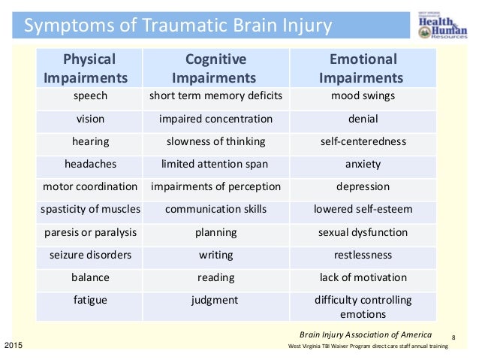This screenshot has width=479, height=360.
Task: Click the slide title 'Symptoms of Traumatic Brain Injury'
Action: [178, 27]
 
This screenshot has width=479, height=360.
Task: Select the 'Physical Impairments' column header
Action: [90, 68]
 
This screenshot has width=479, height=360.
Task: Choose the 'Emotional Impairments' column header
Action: [362, 68]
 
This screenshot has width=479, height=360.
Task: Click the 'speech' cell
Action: [90, 96]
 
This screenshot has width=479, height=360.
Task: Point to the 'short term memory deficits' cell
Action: [215, 96]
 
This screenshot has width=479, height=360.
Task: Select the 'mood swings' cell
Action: [363, 96]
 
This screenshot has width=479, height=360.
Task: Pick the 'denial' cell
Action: [363, 119]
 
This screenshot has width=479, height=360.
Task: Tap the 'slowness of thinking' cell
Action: [215, 141]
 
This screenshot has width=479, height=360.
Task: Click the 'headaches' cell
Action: [90, 164]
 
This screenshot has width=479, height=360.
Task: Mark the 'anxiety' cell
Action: [363, 164]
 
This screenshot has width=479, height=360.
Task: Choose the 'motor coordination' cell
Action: [90, 186]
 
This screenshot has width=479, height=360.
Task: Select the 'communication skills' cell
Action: [215, 210]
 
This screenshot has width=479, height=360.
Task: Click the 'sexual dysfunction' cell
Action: [363, 232]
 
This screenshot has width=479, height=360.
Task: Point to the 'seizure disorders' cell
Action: [90, 255]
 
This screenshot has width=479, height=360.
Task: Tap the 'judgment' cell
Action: [215, 300]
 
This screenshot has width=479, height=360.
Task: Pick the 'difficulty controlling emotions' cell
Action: [363, 307]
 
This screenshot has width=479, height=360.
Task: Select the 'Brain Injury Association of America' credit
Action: [366, 334]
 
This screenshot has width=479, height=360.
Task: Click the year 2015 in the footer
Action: [14, 345]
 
